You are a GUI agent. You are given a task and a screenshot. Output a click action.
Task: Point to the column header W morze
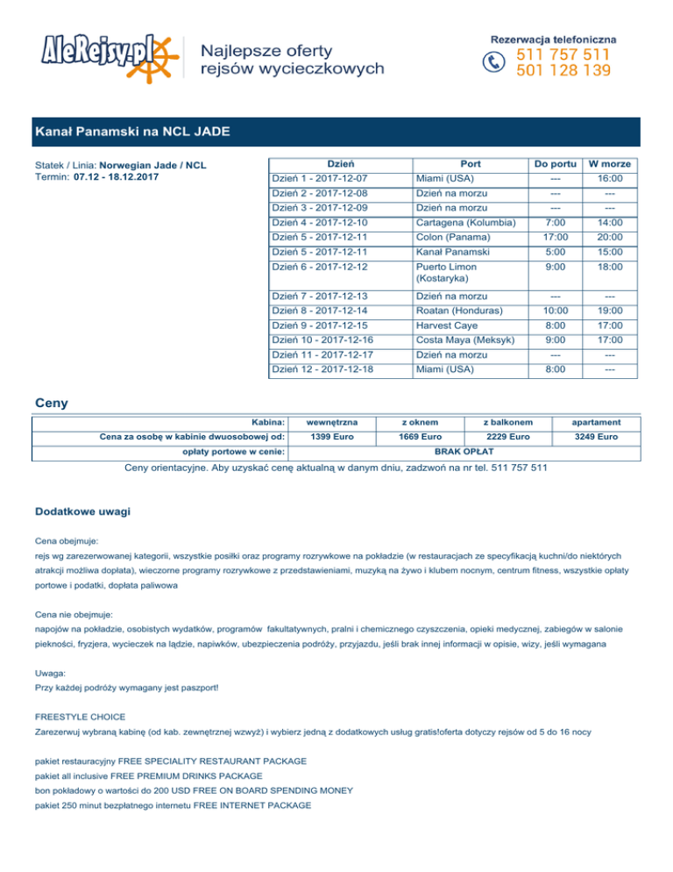[612, 164]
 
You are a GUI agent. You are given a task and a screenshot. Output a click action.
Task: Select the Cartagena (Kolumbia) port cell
[465, 223]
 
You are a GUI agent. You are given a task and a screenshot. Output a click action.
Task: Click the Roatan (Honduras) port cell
[459, 311]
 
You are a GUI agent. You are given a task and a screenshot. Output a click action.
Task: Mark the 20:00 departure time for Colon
[612, 237]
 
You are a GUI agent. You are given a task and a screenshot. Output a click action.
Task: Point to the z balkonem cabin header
[507, 421]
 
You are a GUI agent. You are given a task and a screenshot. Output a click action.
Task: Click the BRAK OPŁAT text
[465, 451]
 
